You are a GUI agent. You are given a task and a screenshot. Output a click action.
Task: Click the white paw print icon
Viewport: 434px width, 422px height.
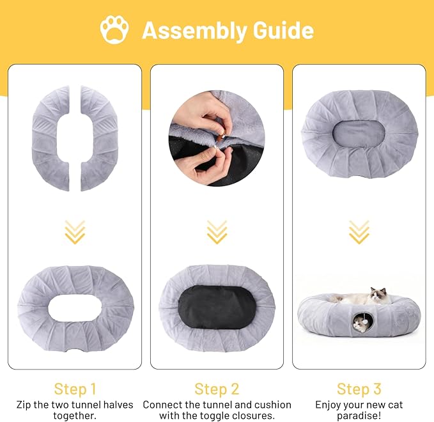(x=114, y=29)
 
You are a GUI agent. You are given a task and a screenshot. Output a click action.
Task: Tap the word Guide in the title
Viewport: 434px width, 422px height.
(x=283, y=30)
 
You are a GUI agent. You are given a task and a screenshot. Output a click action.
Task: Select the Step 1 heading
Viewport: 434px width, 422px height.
(x=75, y=389)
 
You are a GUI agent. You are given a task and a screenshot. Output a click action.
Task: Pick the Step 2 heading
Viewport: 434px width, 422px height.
(x=217, y=389)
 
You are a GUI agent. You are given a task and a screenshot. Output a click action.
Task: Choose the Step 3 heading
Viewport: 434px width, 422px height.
(x=359, y=389)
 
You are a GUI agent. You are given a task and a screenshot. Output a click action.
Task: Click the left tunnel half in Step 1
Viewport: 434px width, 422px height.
(x=50, y=138)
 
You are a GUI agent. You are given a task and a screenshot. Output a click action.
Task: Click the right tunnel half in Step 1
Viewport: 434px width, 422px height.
(x=99, y=138)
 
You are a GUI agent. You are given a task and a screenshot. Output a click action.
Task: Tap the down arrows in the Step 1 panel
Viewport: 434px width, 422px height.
(x=75, y=232)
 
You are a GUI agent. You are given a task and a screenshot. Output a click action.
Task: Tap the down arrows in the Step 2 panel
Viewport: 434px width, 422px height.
(x=217, y=232)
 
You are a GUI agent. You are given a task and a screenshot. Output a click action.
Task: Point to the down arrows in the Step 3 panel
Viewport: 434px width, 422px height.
(x=359, y=232)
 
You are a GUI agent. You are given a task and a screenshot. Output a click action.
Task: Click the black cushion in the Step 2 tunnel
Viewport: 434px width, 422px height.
(x=217, y=308)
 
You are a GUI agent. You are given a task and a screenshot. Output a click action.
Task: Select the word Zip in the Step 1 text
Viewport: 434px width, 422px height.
(x=24, y=405)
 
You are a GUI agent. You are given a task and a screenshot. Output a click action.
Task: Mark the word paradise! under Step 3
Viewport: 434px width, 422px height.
(x=359, y=416)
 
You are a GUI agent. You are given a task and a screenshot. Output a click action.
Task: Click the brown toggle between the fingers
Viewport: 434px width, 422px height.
(x=220, y=136)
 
